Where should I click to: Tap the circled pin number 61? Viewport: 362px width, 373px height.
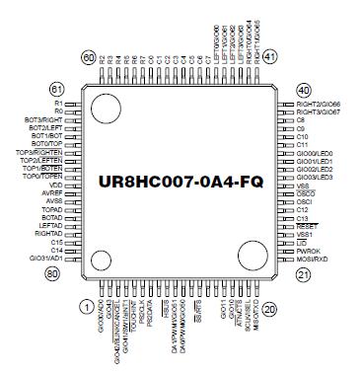click(x=56, y=89)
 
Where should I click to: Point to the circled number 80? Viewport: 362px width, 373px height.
click(x=55, y=273)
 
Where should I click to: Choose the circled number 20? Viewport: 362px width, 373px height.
click(x=270, y=307)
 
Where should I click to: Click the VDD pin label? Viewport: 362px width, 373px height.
click(x=55, y=185)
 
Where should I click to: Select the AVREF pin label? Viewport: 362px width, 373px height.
click(x=52, y=193)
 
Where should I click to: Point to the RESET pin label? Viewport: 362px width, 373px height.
click(x=306, y=225)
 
